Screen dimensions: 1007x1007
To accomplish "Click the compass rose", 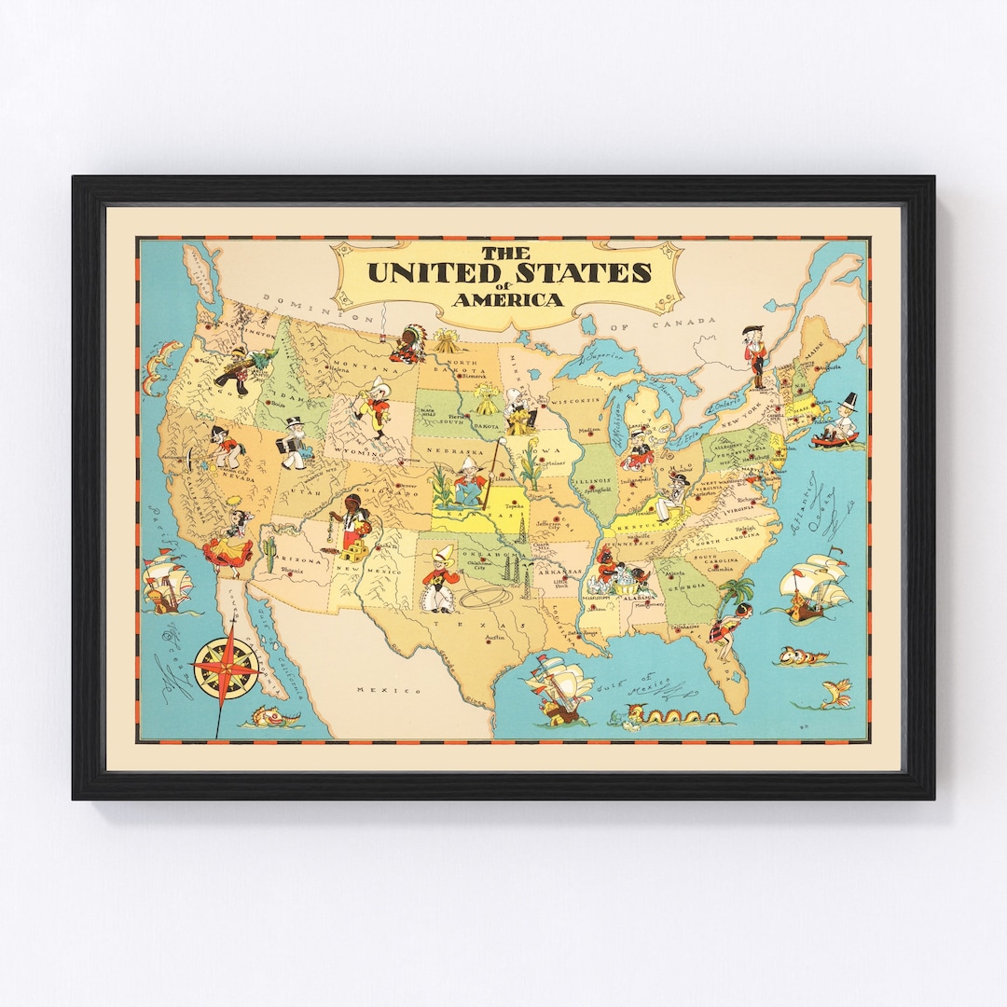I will click(226, 668).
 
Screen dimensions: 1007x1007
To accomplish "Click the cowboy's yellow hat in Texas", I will click(438, 551).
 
